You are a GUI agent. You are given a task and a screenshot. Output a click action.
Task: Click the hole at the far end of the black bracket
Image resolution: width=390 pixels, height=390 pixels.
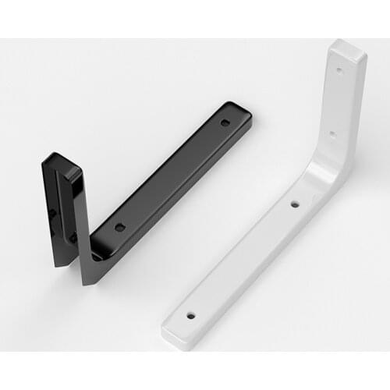[x=225, y=122]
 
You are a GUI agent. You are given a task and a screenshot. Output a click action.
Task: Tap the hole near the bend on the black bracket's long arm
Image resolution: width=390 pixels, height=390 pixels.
[x=119, y=227]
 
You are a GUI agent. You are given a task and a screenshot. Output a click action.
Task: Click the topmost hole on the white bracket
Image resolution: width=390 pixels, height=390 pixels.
[x=339, y=69]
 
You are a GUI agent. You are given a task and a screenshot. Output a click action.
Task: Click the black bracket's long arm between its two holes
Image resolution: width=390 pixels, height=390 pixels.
[x=172, y=175]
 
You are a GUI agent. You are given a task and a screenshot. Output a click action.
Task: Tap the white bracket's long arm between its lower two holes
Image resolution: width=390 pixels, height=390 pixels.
[x=242, y=261]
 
